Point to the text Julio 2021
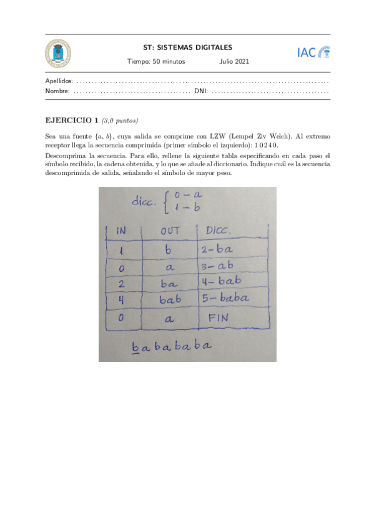click(x=234, y=62)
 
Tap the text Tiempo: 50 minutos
click(x=152, y=62)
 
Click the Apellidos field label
click(x=59, y=81)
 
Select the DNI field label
click(x=200, y=91)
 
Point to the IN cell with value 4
click(x=120, y=300)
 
